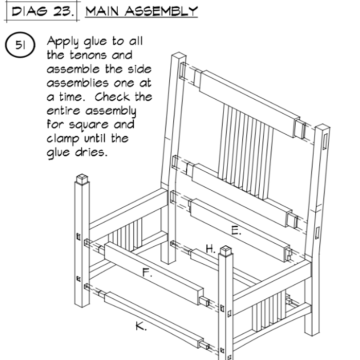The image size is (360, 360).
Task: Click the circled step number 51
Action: [x=20, y=45]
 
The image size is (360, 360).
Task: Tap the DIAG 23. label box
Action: [x=43, y=11]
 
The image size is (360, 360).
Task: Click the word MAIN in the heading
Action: [x=102, y=11]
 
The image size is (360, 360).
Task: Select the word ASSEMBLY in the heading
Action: [x=161, y=11]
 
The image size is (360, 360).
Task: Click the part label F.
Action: [x=147, y=273]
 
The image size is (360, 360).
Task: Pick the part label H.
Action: [x=210, y=248]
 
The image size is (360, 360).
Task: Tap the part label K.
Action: [x=141, y=326]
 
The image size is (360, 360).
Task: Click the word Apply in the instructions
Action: [x=63, y=42]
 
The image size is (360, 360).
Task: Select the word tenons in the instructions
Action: [x=88, y=56]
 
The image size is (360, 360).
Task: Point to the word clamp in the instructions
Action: [x=63, y=139]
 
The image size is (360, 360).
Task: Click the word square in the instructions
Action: [x=89, y=125]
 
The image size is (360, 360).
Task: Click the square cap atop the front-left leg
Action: [x=82, y=179]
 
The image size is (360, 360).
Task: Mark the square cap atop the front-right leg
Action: [x=226, y=251]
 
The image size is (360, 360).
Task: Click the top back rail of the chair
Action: [x=250, y=104]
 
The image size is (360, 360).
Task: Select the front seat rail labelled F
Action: [x=154, y=274]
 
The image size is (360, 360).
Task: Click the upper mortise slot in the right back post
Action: [x=325, y=141]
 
